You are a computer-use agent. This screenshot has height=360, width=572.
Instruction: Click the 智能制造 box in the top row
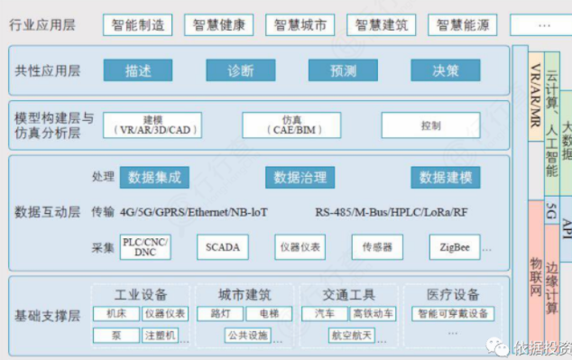click(138, 25)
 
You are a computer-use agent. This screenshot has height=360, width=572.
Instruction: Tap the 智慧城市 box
click(300, 25)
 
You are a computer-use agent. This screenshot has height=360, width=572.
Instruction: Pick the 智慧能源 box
click(463, 25)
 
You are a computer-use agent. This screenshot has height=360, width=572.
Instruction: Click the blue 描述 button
click(138, 70)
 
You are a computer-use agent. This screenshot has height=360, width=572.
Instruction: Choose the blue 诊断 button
click(240, 70)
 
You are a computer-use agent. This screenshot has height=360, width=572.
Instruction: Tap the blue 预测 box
click(343, 70)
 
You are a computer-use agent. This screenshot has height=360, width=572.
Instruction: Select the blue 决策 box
click(446, 70)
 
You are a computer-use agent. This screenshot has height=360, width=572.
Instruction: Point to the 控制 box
click(429, 125)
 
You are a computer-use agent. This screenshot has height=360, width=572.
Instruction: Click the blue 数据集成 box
click(155, 178)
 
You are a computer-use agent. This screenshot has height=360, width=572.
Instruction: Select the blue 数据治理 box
click(300, 178)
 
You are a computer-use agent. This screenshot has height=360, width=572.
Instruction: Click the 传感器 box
click(377, 246)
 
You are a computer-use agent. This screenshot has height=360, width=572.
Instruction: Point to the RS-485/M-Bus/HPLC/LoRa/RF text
click(391, 213)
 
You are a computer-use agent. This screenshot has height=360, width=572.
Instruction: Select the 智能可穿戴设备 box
click(453, 314)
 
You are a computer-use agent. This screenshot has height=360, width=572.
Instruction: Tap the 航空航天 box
click(352, 336)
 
